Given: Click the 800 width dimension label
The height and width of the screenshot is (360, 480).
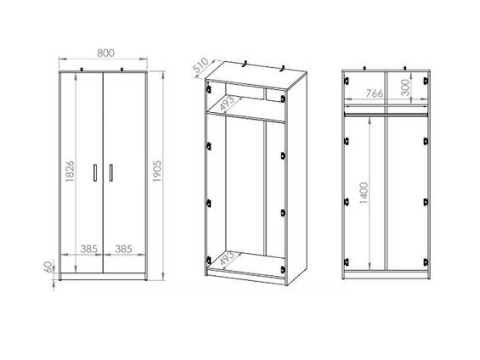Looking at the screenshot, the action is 106,53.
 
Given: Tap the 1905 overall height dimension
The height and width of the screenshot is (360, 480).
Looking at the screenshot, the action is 157,171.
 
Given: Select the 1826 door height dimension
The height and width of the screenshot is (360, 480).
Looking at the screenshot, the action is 70,171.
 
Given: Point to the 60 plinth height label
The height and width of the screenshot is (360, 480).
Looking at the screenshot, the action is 48,267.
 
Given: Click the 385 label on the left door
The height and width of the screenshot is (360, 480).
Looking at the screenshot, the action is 88,249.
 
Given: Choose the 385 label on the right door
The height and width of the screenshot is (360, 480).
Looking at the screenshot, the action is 124,249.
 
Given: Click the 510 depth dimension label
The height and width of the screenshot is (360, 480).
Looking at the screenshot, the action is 201,66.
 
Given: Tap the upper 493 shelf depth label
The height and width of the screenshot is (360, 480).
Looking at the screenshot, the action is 227,104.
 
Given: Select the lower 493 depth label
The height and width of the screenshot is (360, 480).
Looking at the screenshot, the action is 227,259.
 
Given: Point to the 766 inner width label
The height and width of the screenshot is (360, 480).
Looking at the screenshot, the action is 375,93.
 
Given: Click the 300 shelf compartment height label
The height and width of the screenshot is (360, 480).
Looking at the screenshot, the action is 404,87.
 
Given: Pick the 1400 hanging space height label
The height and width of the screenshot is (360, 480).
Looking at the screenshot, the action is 364,193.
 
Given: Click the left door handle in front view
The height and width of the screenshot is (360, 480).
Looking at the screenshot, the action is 95,173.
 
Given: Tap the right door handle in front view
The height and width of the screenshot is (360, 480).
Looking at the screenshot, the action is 110,173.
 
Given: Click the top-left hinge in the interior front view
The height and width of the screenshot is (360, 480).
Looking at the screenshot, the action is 347,81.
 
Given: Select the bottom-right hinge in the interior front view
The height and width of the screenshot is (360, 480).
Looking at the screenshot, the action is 426,262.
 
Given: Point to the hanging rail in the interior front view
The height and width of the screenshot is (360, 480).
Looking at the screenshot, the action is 386,115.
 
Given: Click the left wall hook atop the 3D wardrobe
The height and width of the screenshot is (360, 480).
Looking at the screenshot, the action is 245,65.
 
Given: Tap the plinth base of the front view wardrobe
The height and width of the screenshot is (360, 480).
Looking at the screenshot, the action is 103,276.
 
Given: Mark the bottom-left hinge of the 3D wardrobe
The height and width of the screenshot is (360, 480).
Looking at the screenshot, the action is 209,261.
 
